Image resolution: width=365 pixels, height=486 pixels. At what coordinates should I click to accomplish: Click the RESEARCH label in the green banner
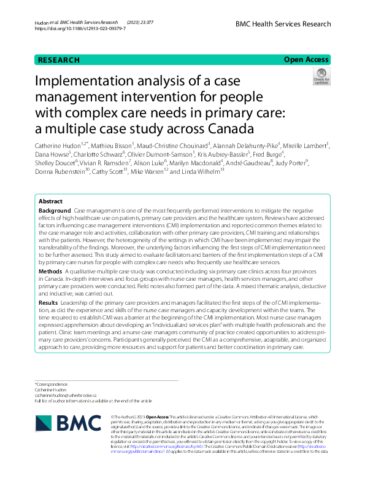pyautogui.click(x=59, y=60)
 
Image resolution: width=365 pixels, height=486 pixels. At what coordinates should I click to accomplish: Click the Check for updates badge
pyautogui.click(x=321, y=77)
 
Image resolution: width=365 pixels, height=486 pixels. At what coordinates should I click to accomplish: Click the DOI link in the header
pyautogui.click(x=80, y=29)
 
